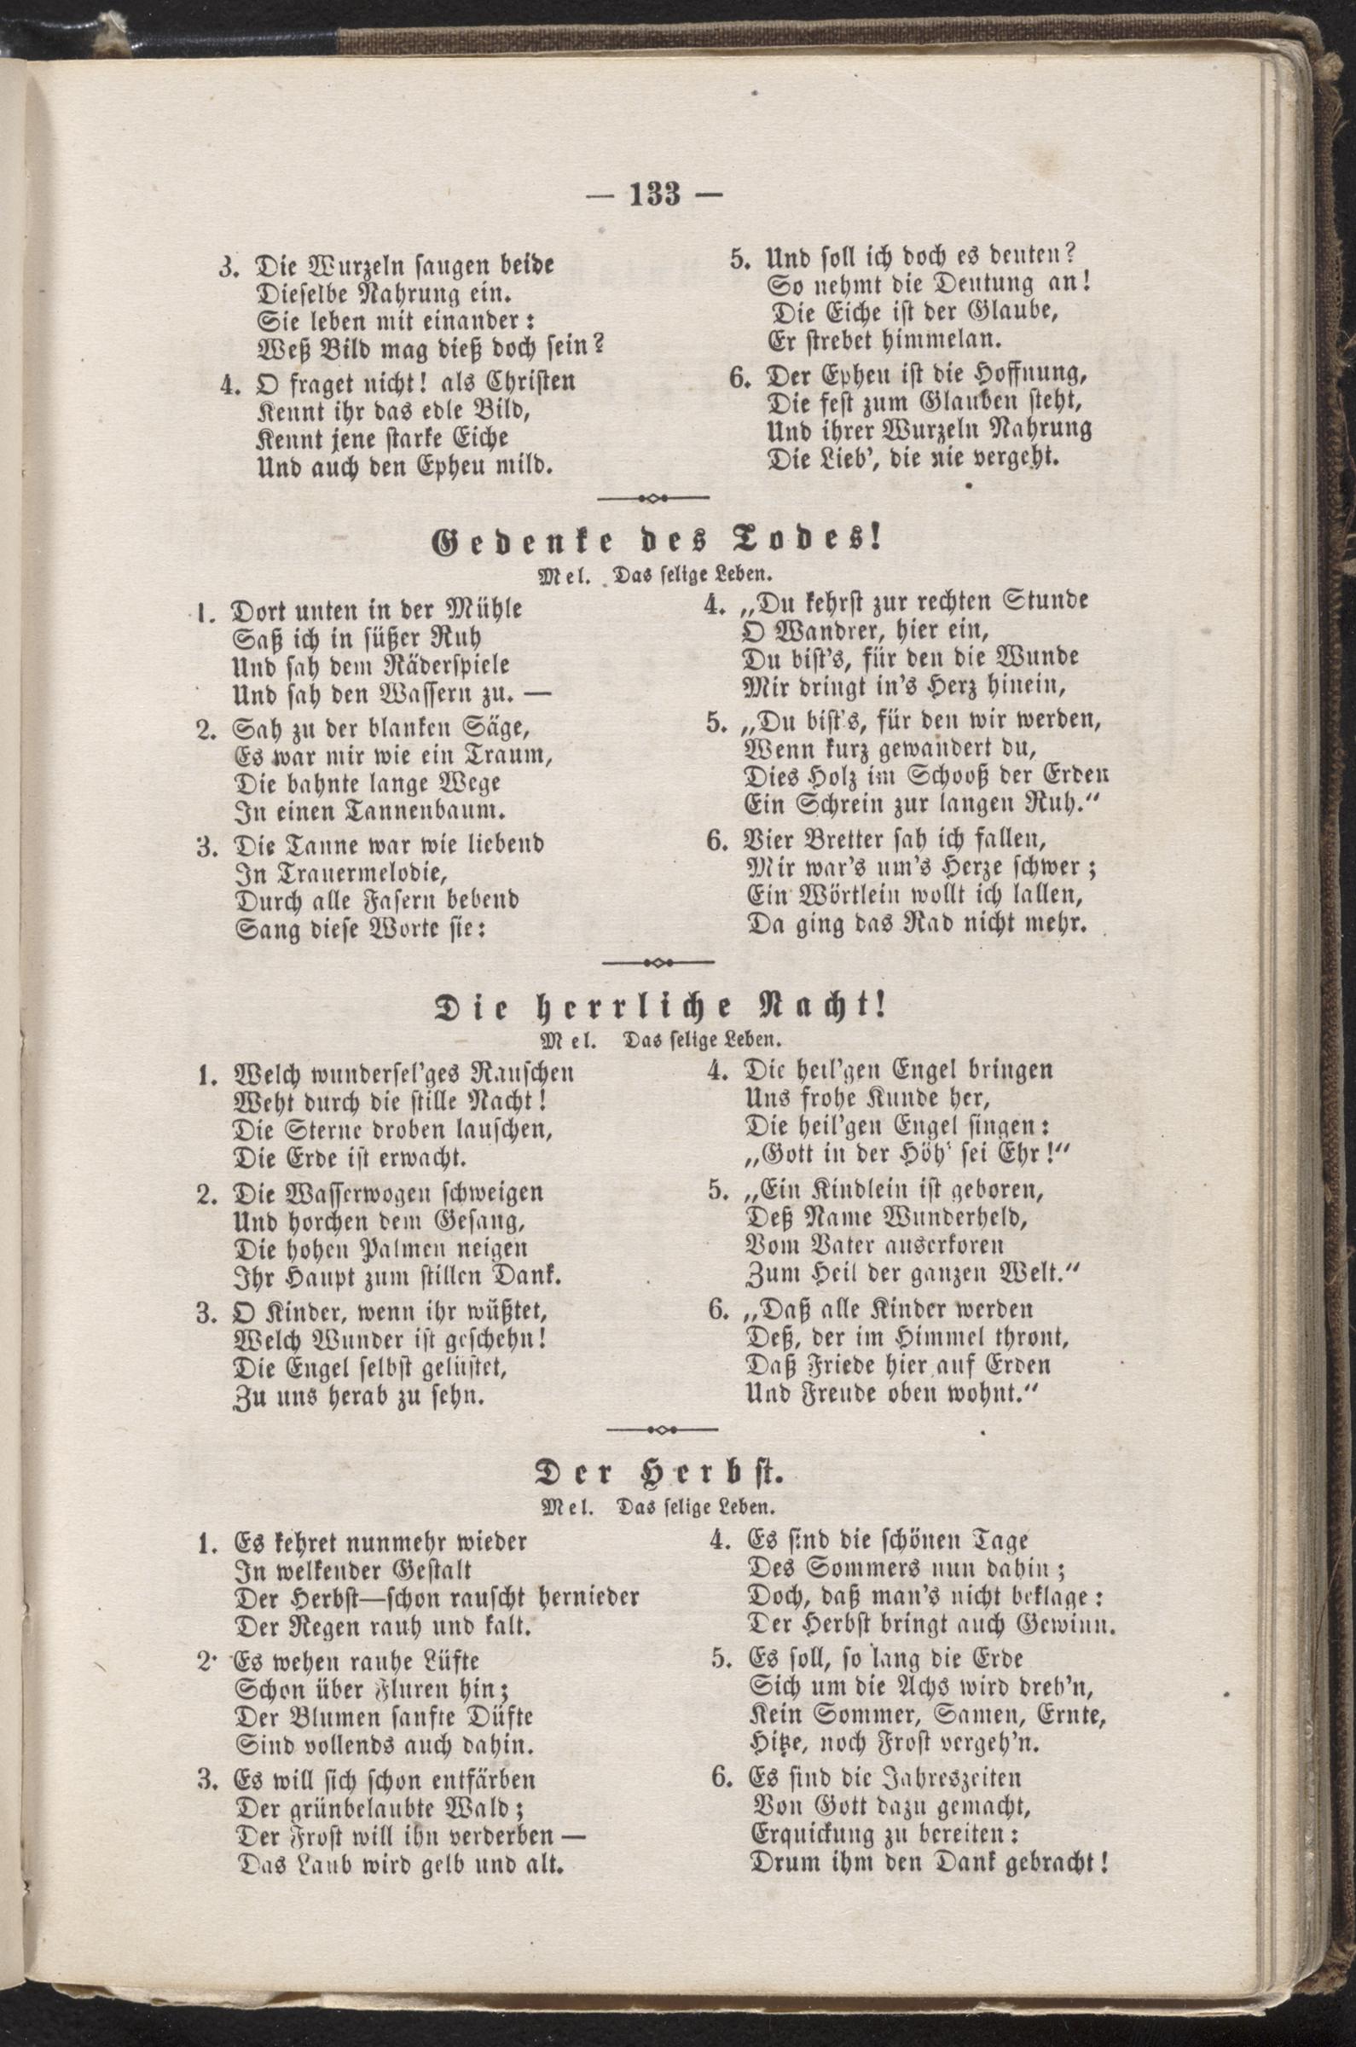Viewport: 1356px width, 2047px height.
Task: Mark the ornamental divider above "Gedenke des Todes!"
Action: point(654,499)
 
